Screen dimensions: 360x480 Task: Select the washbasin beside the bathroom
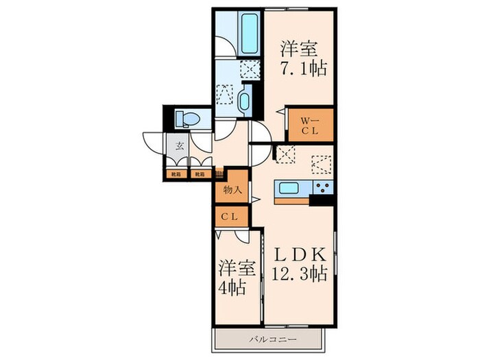click(x=245, y=101)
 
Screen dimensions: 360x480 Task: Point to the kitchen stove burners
click(x=322, y=187)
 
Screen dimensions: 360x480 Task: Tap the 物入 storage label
click(x=231, y=190)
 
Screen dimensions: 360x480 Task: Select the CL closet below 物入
click(x=230, y=217)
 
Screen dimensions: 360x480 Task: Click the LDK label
click(x=300, y=253)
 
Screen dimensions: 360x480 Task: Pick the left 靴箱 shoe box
click(x=176, y=174)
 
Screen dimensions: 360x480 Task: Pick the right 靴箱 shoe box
click(x=200, y=174)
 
